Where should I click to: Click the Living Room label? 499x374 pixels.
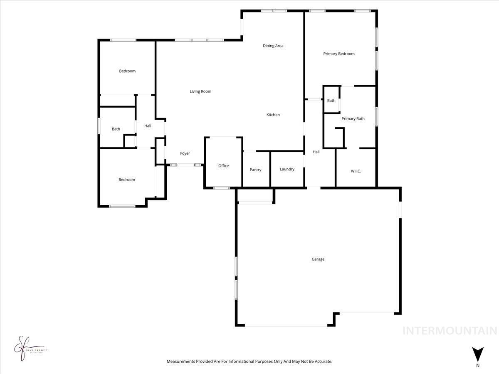click(200, 91)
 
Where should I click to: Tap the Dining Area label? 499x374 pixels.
click(273, 46)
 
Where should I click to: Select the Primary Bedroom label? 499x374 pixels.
click(339, 54)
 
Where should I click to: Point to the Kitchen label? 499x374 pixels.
click(273, 115)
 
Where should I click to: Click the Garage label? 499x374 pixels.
click(318, 259)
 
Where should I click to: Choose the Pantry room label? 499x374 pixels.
click(255, 170)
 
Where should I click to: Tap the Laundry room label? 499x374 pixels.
click(287, 169)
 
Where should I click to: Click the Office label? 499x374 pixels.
click(223, 166)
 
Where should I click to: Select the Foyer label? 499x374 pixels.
click(185, 153)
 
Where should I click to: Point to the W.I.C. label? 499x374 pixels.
click(356, 171)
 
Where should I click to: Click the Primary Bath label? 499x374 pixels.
click(353, 118)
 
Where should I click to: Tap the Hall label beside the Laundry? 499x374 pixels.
click(316, 152)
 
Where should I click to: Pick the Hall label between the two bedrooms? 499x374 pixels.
click(148, 126)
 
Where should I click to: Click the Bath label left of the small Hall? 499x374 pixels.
click(116, 129)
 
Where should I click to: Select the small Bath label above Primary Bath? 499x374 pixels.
click(331, 101)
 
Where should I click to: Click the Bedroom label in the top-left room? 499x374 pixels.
click(127, 71)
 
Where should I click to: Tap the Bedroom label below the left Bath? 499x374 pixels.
click(127, 180)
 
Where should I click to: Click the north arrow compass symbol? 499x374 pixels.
click(478, 354)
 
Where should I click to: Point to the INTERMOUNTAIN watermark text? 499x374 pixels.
click(450, 331)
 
